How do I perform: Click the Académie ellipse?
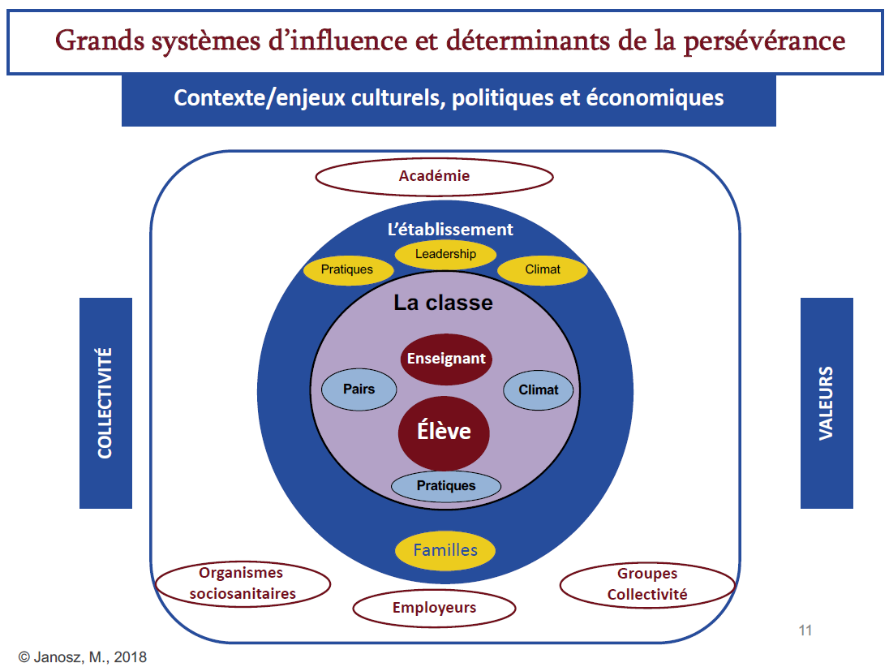[x=434, y=176]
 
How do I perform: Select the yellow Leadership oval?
[x=445, y=254]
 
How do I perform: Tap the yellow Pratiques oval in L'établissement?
[x=348, y=269]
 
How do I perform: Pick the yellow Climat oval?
[x=543, y=269]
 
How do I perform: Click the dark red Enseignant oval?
[x=446, y=359]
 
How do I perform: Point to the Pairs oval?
[x=359, y=389]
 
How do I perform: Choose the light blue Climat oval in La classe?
[x=539, y=390]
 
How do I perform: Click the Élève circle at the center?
[x=444, y=432]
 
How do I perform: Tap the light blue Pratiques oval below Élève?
[x=446, y=486]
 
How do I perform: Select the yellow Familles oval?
[x=445, y=550]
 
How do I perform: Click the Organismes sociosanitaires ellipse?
[x=243, y=583]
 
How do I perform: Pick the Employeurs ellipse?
[x=434, y=608]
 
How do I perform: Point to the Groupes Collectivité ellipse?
[x=647, y=585]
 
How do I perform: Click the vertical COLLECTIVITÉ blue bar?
[x=105, y=402]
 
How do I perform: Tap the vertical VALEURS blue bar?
[x=827, y=402]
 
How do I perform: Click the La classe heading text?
[x=444, y=303]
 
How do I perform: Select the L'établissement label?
[x=450, y=229]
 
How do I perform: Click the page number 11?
[x=805, y=630]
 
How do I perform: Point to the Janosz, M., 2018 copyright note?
[x=83, y=656]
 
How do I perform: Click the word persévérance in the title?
[x=764, y=41]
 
